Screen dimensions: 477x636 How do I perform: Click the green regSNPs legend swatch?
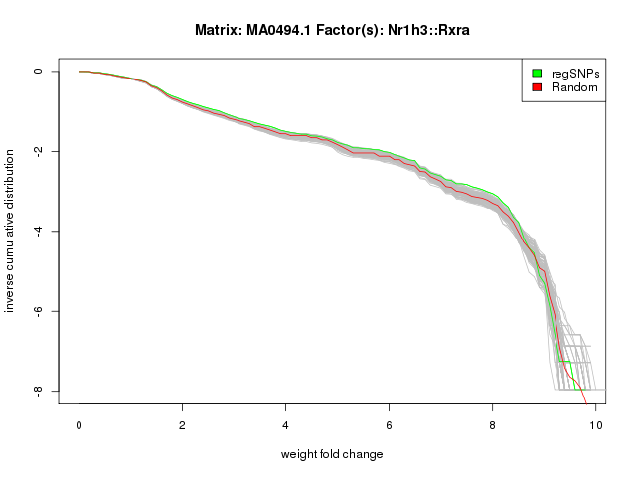(x=537, y=73)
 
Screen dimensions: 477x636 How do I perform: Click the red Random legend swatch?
(x=537, y=87)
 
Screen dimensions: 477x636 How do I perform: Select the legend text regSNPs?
(x=574, y=73)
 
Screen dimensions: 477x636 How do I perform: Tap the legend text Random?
(x=574, y=87)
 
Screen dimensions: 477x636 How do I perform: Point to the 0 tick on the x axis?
(x=79, y=425)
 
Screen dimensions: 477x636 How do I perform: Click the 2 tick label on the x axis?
(x=183, y=425)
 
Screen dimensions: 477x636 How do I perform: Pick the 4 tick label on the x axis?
(x=286, y=425)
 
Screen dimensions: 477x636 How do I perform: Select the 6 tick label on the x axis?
(x=390, y=425)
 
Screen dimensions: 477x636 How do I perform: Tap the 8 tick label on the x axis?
(x=493, y=425)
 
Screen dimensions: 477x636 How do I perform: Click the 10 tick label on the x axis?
(x=594, y=425)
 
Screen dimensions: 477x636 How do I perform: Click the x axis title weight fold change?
(x=332, y=454)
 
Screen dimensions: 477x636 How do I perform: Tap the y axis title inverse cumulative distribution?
(x=11, y=231)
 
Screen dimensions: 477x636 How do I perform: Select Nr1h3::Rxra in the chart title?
(x=426, y=30)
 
